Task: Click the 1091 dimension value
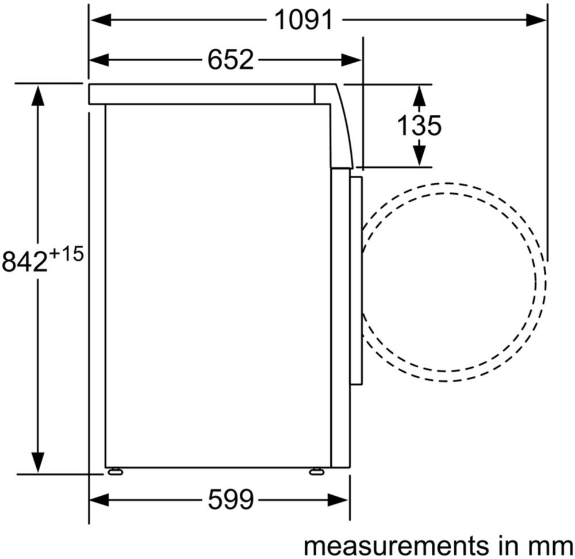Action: pos(304,20)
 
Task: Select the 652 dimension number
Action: pos(231,60)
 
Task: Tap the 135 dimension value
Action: pos(420,126)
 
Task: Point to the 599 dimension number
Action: pos(231,500)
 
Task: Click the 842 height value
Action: pos(25,261)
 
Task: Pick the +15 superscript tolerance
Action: pos(66,254)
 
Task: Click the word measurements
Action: pos(396,546)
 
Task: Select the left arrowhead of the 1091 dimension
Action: pos(101,20)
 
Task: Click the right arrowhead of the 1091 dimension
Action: pos(536,20)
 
